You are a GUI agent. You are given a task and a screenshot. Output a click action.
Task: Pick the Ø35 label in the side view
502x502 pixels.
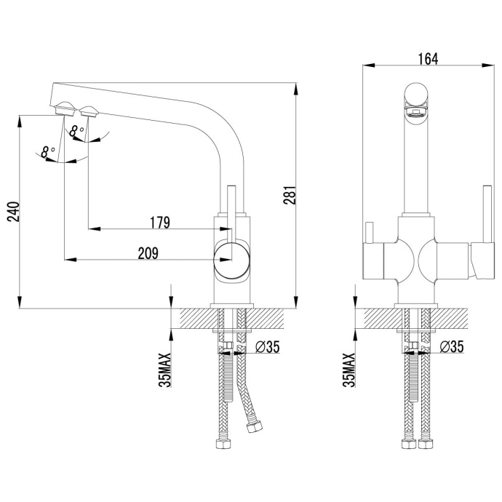pyautogui.click(x=268, y=347)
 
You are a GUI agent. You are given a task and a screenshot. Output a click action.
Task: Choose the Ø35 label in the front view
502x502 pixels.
pyautogui.click(x=452, y=347)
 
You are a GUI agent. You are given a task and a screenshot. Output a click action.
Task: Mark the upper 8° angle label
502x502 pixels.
pyautogui.click(x=76, y=131)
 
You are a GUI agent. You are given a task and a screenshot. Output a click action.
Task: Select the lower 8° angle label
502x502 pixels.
pyautogui.click(x=49, y=152)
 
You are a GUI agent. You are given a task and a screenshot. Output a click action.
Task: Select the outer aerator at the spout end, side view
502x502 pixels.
pyautogui.click(x=64, y=111)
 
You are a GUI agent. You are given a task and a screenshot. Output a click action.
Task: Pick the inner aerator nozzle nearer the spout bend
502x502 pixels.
pyautogui.click(x=89, y=112)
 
